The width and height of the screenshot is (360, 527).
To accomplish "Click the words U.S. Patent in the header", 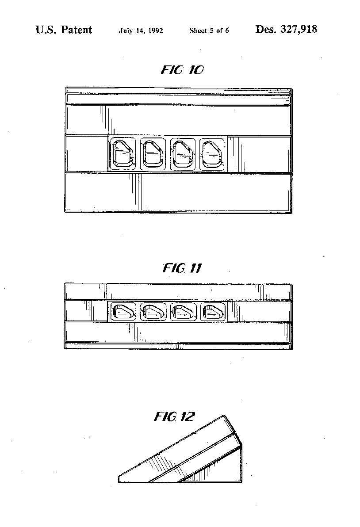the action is tap(64, 30).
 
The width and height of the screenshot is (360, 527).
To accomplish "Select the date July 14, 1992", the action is tap(141, 31).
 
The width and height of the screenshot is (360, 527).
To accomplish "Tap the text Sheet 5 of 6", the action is tap(209, 31).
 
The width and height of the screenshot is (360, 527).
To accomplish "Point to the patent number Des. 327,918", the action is tap(286, 29).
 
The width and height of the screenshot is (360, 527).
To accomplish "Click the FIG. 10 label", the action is tap(182, 70).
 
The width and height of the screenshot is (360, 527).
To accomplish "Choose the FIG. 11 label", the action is tap(182, 268).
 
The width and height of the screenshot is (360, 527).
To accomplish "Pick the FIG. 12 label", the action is tap(174, 417).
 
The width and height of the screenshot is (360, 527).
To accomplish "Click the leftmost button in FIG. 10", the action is tap(123, 153).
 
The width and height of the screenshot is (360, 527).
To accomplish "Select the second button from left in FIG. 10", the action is tap(153, 153).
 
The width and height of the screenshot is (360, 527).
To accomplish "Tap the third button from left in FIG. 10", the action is tap(183, 153).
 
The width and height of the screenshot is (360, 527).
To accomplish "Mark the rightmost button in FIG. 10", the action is tap(212, 153).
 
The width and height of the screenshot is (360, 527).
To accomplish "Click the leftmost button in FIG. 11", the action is tap(123, 312).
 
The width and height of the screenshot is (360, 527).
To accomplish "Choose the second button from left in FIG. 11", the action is tap(153, 312).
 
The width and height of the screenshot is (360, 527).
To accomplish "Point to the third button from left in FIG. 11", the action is tap(183, 312).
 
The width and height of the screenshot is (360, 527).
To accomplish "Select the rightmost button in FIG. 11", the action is tap(213, 312).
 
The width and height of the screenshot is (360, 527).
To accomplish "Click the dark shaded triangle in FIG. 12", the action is tap(197, 475).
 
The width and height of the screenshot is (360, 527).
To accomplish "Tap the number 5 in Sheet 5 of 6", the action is tap(212, 31).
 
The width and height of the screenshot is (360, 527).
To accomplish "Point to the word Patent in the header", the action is tap(77, 30).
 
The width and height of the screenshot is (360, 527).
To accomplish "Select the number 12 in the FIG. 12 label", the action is tap(187, 417).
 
